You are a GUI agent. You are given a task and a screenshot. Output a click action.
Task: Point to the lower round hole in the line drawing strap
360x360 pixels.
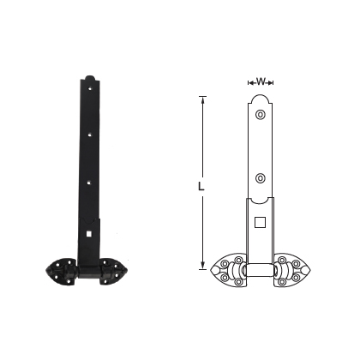[261, 178]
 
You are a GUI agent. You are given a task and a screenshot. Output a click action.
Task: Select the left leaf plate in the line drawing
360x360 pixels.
[228, 271]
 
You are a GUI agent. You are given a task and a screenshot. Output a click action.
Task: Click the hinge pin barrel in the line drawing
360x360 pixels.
[261, 273]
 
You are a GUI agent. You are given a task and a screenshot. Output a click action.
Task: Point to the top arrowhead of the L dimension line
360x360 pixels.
[203, 99]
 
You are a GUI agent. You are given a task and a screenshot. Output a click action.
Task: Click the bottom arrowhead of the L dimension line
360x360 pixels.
[203, 266]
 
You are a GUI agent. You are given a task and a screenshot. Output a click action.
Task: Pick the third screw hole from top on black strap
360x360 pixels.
[90, 181]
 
